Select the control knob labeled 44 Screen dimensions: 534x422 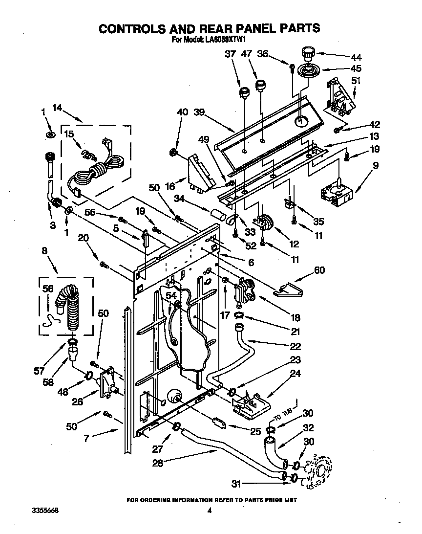tap(308, 52)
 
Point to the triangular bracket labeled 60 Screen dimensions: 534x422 tap(288, 289)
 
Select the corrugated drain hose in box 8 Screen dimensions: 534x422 tap(68, 308)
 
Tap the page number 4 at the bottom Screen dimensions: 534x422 tap(209, 511)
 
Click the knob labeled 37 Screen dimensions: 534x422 tap(243, 92)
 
